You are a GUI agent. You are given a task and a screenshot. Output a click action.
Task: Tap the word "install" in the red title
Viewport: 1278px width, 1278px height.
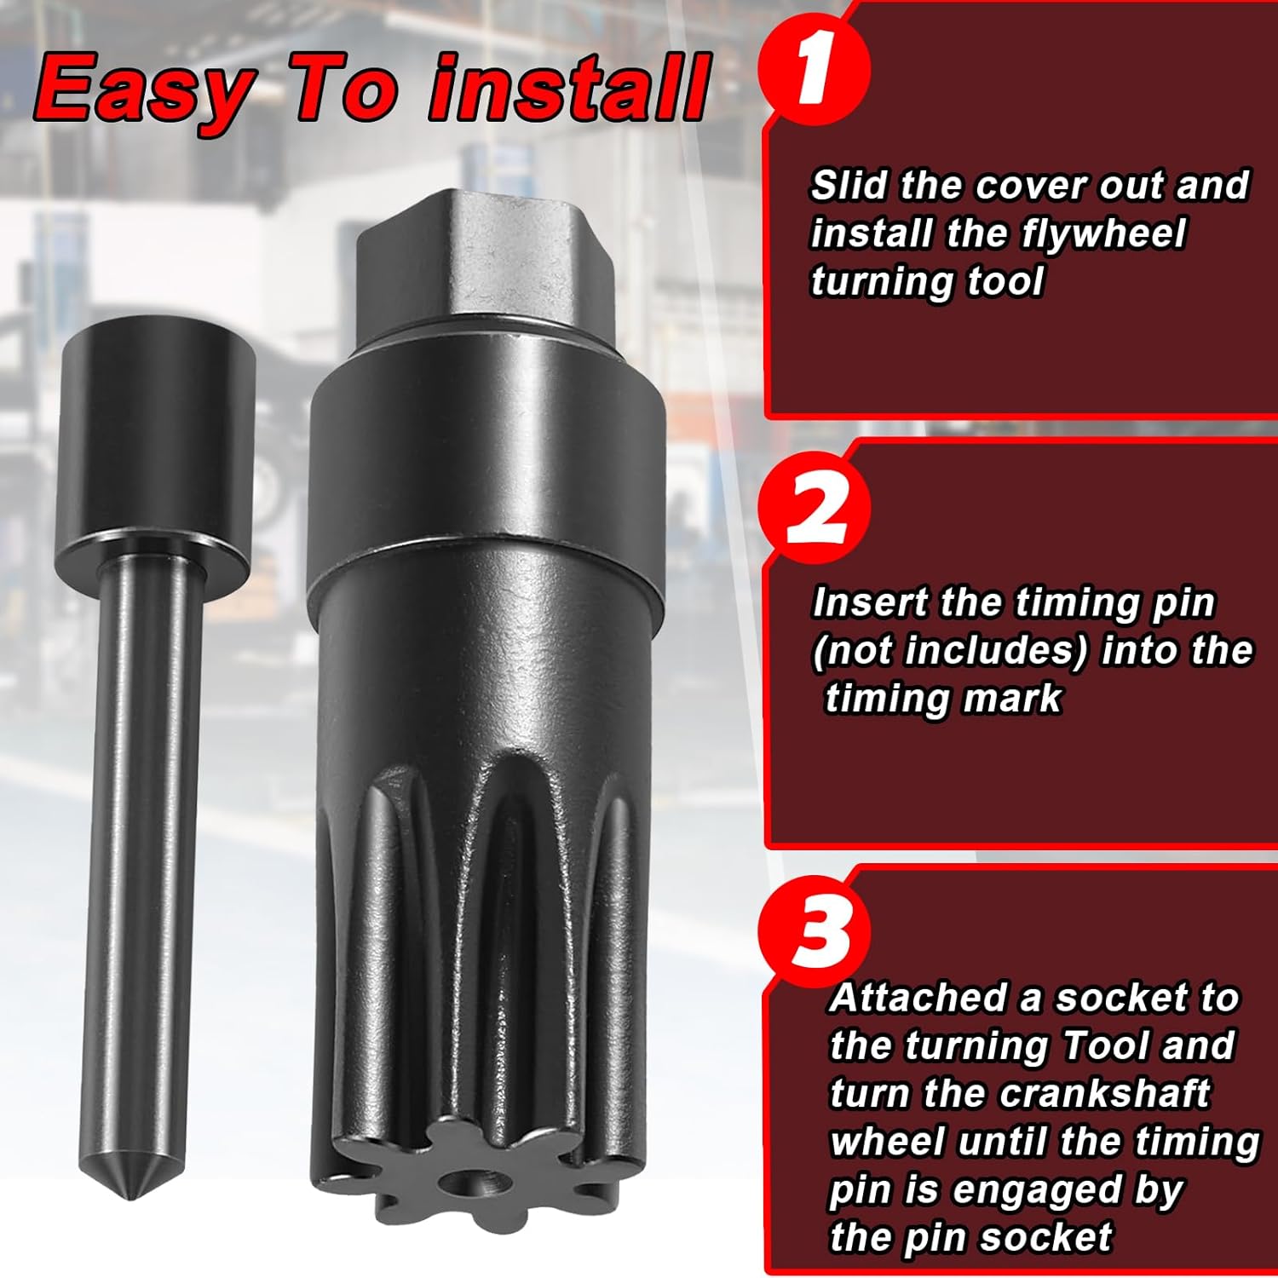[569, 89]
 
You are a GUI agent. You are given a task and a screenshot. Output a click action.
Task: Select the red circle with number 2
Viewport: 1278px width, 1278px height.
[814, 509]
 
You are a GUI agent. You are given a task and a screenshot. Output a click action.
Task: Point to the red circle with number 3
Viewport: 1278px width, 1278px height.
[814, 929]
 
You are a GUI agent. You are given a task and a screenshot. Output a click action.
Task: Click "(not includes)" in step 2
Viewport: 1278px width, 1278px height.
[950, 651]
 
